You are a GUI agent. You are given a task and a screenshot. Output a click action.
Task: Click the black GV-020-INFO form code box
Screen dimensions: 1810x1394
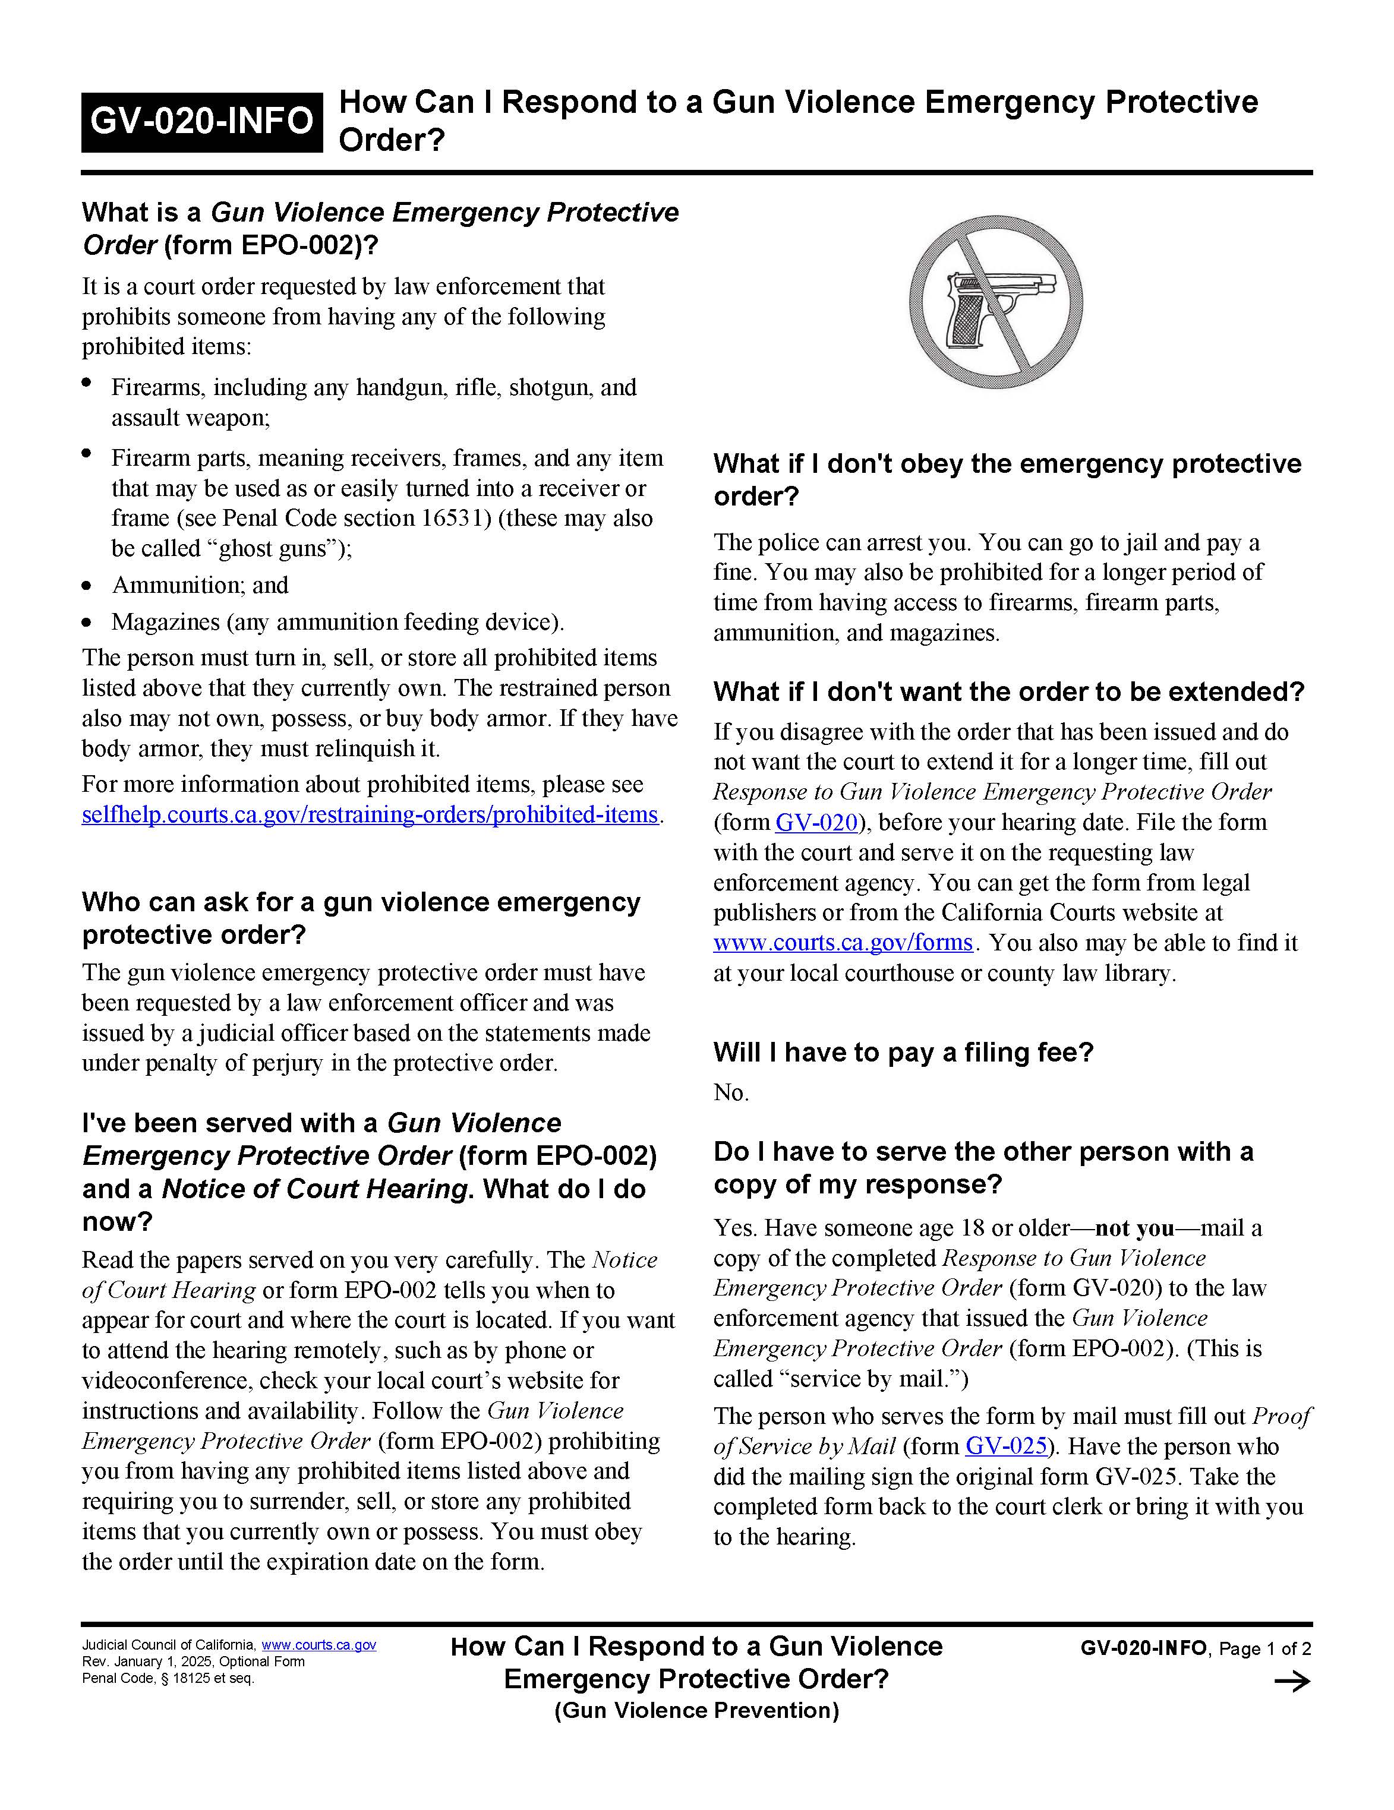pos(201,122)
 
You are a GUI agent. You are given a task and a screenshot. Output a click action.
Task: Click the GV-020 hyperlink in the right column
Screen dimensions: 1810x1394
pos(815,822)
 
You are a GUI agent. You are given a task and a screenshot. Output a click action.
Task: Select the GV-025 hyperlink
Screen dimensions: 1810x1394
pos(1006,1446)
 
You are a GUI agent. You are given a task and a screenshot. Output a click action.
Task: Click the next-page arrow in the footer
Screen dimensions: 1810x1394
pos(1291,1682)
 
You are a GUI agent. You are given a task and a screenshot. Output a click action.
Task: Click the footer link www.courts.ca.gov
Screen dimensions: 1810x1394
pos(319,1645)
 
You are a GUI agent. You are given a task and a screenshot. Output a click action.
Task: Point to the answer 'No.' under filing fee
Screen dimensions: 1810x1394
pos(731,1092)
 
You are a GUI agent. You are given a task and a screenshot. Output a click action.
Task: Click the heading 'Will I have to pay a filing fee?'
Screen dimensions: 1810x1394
pos(903,1053)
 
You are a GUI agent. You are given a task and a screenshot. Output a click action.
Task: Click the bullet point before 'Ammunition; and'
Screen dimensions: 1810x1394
pos(87,586)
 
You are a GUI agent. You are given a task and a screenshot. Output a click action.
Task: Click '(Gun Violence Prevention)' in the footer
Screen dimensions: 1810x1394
pos(696,1711)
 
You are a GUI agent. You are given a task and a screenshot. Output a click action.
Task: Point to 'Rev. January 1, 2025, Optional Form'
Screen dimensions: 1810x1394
pos(193,1661)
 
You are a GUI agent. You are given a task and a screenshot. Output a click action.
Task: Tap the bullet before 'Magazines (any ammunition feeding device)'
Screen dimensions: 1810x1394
pos(87,623)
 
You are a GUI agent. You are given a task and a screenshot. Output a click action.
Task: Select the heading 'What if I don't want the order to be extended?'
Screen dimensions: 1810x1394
pos(1008,691)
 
